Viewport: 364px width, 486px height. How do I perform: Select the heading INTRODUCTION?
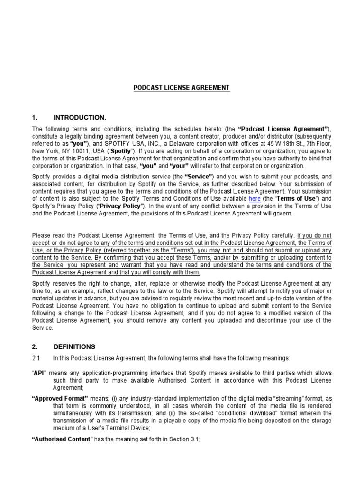point(80,117)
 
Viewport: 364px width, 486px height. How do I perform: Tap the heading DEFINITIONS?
point(74,346)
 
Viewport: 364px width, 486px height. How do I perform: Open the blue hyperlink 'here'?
point(255,199)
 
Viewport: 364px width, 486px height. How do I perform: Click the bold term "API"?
point(38,374)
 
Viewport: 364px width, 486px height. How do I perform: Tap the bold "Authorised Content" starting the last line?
point(61,439)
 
